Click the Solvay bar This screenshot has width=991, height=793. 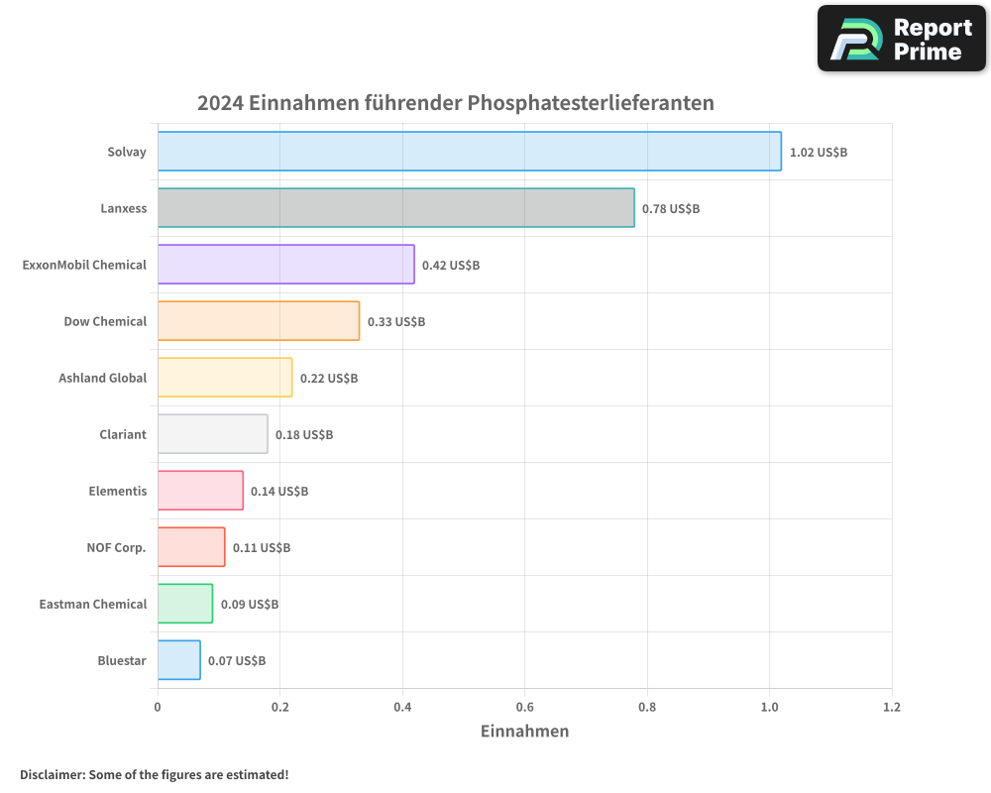pos(469,152)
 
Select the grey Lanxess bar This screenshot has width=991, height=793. pos(395,208)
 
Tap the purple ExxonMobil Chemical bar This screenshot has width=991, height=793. pos(285,265)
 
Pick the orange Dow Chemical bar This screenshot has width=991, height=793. pos(258,321)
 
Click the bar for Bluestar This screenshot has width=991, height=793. pos(178,660)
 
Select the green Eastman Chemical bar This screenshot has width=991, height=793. pos(184,604)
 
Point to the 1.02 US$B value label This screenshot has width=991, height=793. pos(818,153)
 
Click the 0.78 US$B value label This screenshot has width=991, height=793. pos(671,209)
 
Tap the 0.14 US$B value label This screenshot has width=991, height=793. pos(279,492)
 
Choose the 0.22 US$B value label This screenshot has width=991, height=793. pos(329,379)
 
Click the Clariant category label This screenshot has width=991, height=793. pos(123,434)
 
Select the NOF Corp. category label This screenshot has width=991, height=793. pos(116,547)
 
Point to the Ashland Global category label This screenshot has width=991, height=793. pos(102,378)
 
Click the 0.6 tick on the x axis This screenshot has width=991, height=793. pos(524,708)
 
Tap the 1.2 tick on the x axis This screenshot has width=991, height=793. pos(891,708)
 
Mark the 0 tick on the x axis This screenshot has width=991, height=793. pos(158,708)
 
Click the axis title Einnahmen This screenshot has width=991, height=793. pos(524,732)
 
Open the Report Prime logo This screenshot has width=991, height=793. pos(901,39)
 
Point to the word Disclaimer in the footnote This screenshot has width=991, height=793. pos(52,774)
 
